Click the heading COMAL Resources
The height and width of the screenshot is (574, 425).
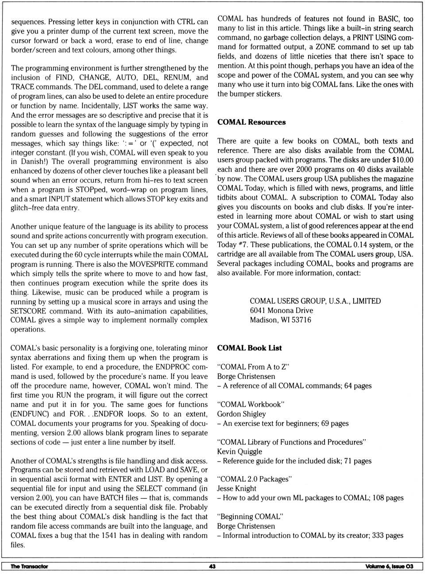pos(251,122)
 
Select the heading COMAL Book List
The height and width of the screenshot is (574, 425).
pos(249,348)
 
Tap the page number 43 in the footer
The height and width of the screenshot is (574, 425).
pos(212,566)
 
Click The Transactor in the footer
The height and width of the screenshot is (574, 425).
pos(29,566)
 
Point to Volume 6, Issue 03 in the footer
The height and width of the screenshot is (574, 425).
pos(389,566)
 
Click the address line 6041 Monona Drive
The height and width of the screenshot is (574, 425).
pos(281,310)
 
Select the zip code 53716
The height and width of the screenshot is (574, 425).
pos(301,320)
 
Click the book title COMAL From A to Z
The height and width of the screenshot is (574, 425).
pos(253,367)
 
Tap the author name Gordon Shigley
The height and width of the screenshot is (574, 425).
pos(241,414)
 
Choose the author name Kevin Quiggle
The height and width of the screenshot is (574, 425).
pos(240,451)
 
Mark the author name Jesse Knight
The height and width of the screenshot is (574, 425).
pos(236,489)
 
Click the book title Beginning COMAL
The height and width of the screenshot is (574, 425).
pos(250,516)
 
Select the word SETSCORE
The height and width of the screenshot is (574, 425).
pos(29,311)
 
